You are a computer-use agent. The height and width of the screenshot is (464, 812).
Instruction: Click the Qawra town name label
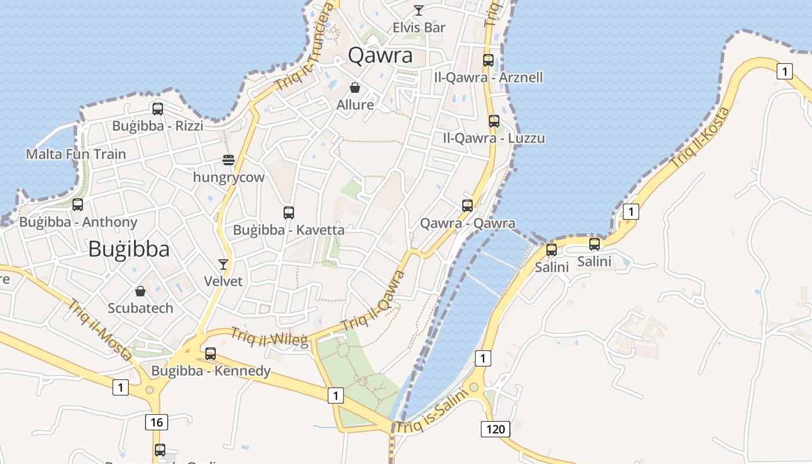(380, 55)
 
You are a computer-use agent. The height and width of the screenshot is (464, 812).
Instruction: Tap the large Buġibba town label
(129, 249)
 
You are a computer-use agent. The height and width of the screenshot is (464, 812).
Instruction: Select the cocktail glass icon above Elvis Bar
(418, 10)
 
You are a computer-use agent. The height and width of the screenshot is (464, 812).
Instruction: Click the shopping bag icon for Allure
(355, 88)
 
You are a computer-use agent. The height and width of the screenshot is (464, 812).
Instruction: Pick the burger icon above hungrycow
(229, 160)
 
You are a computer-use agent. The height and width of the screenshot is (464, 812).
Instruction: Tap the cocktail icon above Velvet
(223, 264)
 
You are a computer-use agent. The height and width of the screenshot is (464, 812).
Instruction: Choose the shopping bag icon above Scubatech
(140, 291)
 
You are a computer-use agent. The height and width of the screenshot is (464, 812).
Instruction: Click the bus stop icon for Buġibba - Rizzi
(157, 108)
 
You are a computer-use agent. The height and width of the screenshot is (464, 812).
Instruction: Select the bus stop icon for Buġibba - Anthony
(78, 205)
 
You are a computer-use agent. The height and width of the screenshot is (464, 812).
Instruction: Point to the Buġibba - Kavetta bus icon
(289, 213)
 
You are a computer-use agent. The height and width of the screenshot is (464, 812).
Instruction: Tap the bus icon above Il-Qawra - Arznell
(488, 60)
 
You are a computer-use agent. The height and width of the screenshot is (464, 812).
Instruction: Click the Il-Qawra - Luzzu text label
(494, 138)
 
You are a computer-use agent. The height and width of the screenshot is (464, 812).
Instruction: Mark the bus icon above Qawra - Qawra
(467, 205)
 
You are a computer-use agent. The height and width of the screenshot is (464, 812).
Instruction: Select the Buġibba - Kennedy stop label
(211, 371)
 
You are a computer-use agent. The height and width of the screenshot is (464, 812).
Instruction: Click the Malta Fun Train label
(76, 154)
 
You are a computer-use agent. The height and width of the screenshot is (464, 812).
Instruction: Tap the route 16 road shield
(157, 422)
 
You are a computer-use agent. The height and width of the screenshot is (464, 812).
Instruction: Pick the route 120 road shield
(495, 429)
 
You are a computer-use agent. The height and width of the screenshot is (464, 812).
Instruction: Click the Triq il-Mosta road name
(100, 329)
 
